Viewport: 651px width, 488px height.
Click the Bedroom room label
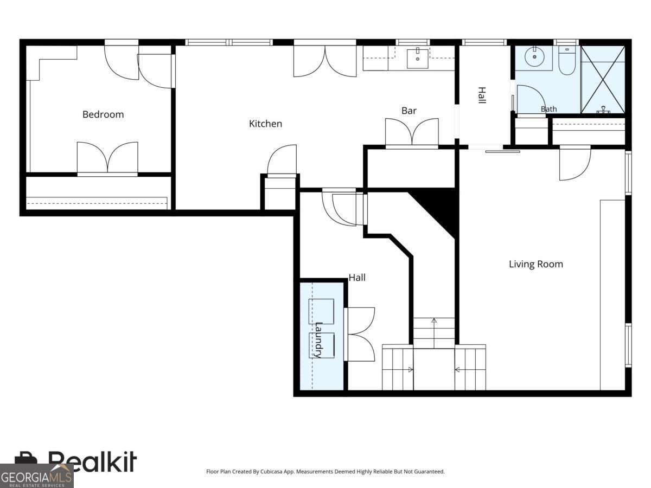[x=103, y=114]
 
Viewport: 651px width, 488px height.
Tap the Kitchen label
[x=265, y=124]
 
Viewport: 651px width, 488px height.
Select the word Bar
[x=409, y=111]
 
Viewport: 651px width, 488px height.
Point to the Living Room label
[x=536, y=264]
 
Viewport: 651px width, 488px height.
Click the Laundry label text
[x=319, y=340]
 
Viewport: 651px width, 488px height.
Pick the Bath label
[x=548, y=109]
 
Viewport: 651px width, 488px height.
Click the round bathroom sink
[x=534, y=57]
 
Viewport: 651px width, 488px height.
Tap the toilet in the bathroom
[x=567, y=60]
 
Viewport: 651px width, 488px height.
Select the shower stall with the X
[x=603, y=80]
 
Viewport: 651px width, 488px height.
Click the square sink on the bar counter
[x=418, y=59]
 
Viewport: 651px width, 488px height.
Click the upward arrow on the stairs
[x=434, y=333]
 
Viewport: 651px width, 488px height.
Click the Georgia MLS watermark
[x=36, y=476]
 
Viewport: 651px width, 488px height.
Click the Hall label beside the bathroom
[x=482, y=95]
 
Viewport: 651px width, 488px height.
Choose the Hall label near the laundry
[x=357, y=278]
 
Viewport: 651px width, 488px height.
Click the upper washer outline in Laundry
[x=322, y=311]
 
